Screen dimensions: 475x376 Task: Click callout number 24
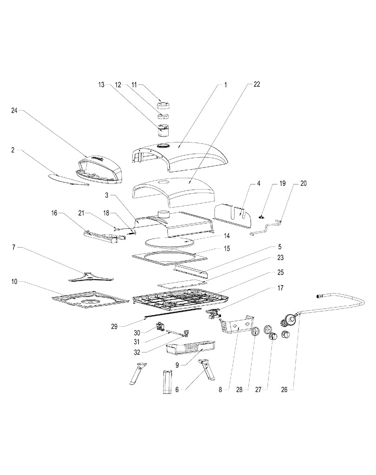(14, 110)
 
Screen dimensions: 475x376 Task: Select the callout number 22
(256, 85)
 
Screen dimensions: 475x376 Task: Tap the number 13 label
(101, 85)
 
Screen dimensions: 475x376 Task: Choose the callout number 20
(303, 184)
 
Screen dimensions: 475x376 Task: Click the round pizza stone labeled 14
(170, 242)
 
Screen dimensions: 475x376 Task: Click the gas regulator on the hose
(289, 321)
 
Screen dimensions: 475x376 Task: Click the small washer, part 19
(260, 217)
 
